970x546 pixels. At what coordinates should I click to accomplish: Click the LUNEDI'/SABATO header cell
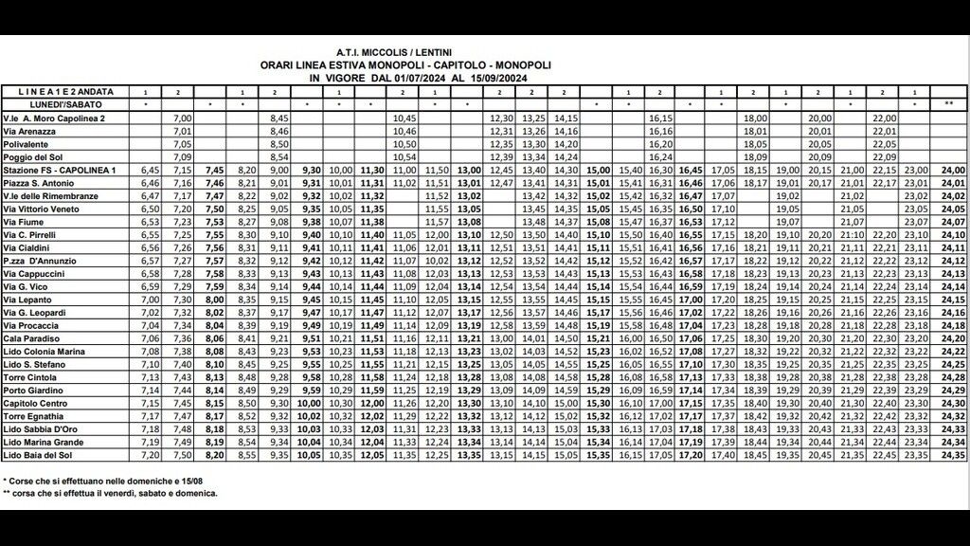[x=58, y=103]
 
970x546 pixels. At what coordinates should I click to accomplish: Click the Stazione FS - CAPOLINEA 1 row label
[x=63, y=169]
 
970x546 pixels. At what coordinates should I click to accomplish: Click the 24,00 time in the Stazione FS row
[x=953, y=169]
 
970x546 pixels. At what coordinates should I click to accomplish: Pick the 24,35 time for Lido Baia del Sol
[x=953, y=455]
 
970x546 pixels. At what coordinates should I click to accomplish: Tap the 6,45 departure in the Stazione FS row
[x=149, y=169]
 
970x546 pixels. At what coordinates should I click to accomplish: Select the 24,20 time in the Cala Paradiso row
[x=953, y=337]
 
